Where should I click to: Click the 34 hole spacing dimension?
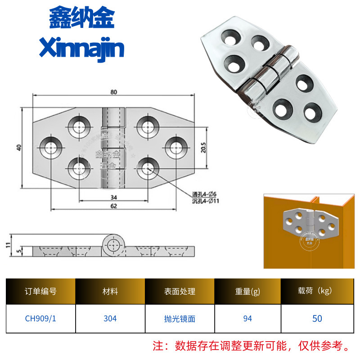tap(113, 198)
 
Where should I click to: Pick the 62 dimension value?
tap(113, 207)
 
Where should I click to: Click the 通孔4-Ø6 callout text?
tap(205, 194)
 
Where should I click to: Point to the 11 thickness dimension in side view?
tap(8, 245)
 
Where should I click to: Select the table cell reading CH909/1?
tap(40, 318)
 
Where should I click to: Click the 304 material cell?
tap(110, 318)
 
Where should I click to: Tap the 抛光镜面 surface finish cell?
tap(180, 318)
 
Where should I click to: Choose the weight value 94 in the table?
tap(247, 318)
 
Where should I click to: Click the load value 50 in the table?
tap(317, 318)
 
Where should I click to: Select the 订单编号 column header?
tap(40, 291)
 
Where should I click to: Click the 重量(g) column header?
tap(247, 291)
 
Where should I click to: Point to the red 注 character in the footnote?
tap(158, 346)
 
